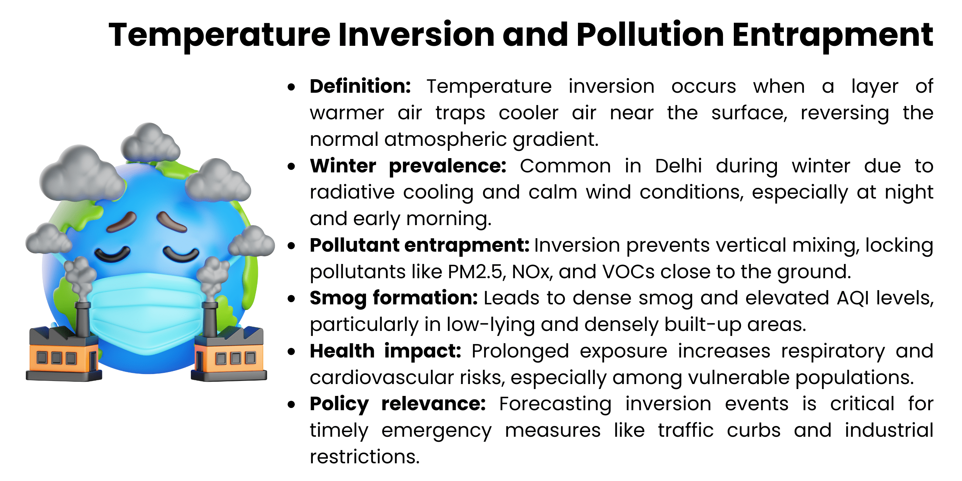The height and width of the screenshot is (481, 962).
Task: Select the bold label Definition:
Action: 361,86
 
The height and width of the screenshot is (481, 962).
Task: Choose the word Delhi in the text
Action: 678,166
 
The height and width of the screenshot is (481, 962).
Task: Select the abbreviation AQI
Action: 852,298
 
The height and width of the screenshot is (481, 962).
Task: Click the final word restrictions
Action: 364,457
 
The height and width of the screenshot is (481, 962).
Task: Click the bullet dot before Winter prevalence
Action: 291,167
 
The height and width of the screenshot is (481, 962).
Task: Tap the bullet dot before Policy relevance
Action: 291,404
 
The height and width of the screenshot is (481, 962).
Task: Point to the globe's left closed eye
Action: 112,254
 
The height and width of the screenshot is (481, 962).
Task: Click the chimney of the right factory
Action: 210,319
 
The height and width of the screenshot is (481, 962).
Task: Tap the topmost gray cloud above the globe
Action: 150,142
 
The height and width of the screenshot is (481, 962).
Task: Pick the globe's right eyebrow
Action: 171,222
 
